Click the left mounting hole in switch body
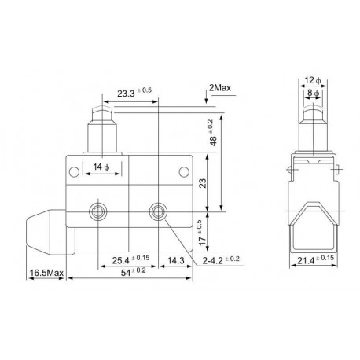[x=99, y=211]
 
